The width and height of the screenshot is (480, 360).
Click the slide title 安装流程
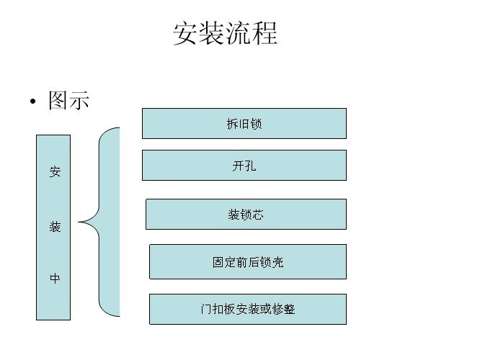coord(226,33)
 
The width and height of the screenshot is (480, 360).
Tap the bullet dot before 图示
coord(33,102)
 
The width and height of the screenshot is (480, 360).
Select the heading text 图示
coord(69,100)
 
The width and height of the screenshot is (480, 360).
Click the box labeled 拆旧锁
coord(244,124)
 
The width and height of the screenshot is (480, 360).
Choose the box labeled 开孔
coord(244,165)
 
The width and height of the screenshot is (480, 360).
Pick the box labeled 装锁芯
coord(246,214)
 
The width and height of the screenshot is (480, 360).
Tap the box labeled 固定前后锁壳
coord(248,262)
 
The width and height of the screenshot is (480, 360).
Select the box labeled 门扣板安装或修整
coord(248,309)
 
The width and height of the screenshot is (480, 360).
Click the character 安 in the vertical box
coord(55,171)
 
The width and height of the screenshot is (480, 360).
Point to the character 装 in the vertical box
coord(55,227)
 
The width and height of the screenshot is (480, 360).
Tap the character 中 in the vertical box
coord(55,279)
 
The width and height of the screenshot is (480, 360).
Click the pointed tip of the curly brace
coord(79,222)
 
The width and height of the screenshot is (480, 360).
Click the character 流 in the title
coord(238,33)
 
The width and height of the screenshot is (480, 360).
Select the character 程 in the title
coord(265,33)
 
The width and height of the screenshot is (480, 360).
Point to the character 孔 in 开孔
coord(250,166)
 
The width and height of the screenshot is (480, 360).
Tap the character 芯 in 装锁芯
coord(258,215)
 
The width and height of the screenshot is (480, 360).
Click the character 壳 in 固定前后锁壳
coord(277,262)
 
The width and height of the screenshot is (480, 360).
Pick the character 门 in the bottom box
coord(207,309)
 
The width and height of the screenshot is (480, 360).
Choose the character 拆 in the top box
coord(232,124)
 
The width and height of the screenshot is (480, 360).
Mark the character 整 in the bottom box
coord(289,309)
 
